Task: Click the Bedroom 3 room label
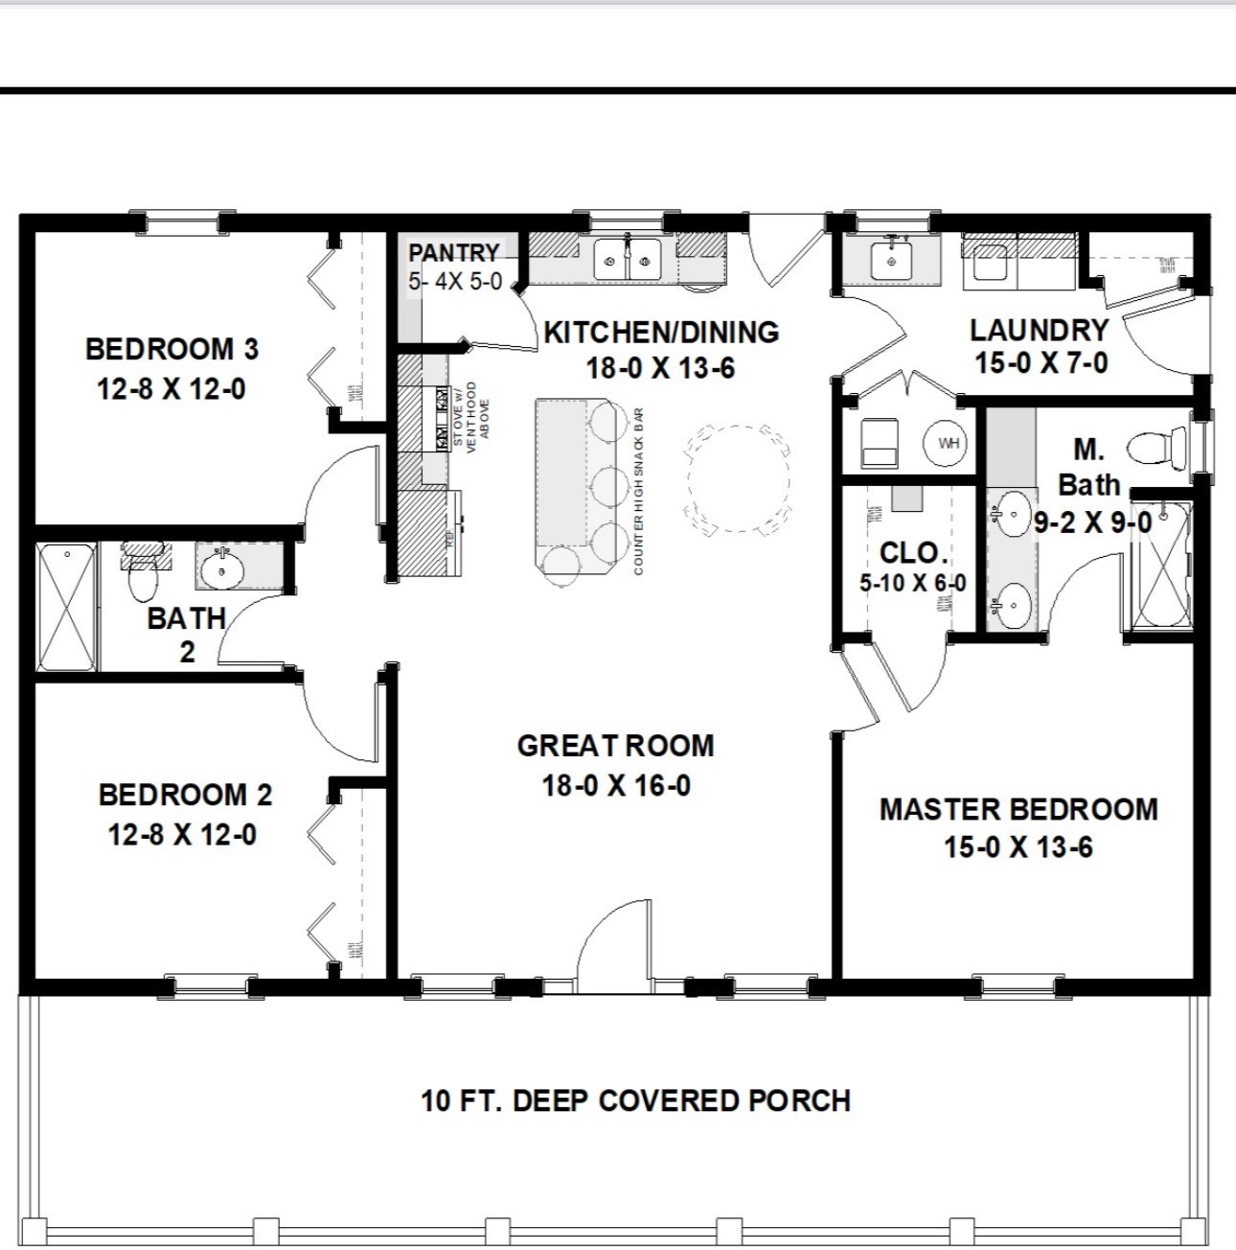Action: tap(172, 349)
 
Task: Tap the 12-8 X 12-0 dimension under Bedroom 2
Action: tap(182, 835)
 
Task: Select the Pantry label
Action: tap(454, 253)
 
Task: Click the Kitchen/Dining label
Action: tap(661, 333)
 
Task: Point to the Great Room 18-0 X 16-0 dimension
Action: tap(616, 786)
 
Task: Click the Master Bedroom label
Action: tap(1019, 809)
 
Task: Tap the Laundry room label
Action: tap(1040, 331)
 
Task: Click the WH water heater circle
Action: tap(947, 443)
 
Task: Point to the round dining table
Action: tap(739, 478)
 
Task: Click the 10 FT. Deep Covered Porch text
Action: tap(635, 1100)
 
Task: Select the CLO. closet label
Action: tap(913, 553)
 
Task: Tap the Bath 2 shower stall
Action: tap(67, 608)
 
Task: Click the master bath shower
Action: tap(1159, 565)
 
